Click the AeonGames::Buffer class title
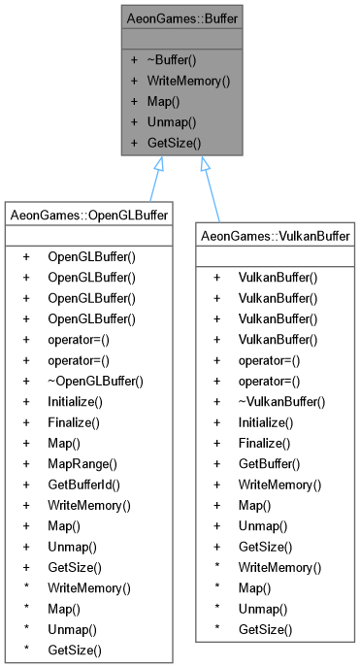[180, 18]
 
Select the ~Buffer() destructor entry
[176, 60]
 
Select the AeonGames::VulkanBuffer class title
[275, 236]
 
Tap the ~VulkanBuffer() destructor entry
[279, 401]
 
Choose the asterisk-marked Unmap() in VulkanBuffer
[262, 609]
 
